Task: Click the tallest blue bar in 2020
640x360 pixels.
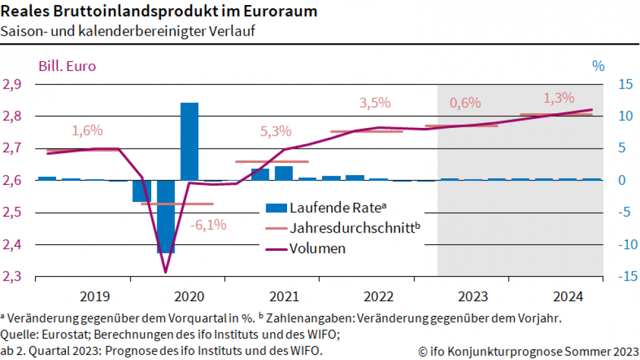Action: [189, 141]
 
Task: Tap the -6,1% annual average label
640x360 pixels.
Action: [208, 225]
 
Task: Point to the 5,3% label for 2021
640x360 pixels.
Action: [275, 131]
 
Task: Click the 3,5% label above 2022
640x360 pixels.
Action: [375, 102]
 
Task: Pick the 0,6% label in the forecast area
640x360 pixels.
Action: [465, 103]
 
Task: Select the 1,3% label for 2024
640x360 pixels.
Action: [559, 98]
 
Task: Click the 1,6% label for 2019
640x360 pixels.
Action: [87, 131]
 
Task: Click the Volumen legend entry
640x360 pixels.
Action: [317, 248]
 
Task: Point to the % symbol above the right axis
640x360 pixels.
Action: [598, 65]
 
